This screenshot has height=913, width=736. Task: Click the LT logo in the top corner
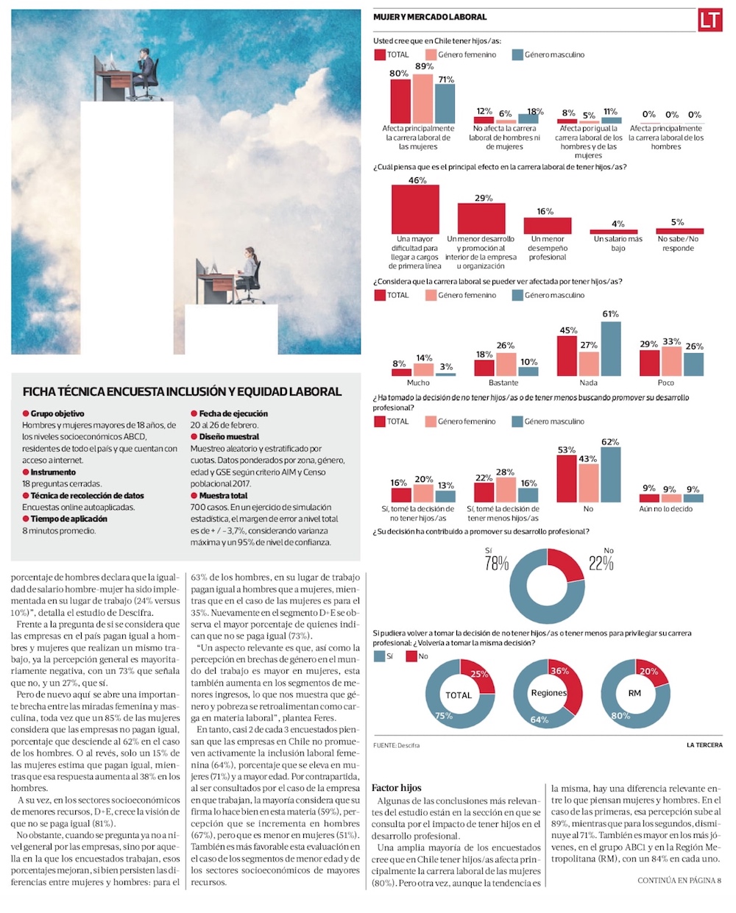(710, 21)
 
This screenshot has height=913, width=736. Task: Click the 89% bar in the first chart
(422, 99)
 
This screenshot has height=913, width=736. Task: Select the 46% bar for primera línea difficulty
(415, 209)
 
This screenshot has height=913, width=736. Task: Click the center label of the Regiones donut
(549, 693)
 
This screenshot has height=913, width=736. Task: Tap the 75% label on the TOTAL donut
(444, 716)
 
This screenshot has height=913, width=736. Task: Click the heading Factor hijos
(397, 787)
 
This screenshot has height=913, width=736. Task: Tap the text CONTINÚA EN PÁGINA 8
(679, 880)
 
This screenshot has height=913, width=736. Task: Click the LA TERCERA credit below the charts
(704, 745)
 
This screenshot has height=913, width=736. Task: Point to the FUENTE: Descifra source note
(396, 745)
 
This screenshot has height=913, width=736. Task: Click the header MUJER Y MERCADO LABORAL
(430, 17)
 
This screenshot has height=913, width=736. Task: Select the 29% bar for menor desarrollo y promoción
(481, 219)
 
